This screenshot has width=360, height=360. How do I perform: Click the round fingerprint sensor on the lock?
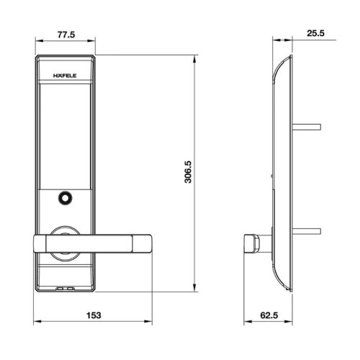pos(64,197)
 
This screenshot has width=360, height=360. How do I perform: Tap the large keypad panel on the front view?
pos(63,130)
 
